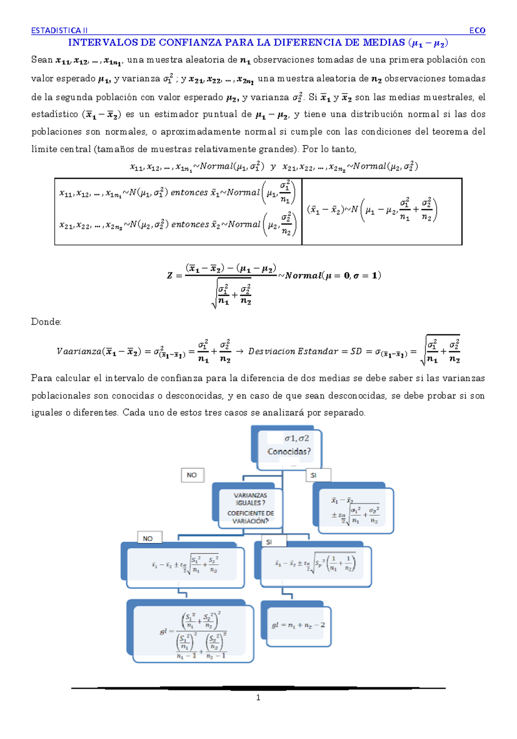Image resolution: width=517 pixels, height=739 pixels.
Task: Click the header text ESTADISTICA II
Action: tap(59, 30)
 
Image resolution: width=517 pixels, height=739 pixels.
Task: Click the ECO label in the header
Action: tap(477, 30)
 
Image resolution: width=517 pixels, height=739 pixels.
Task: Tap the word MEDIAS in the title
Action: tap(383, 42)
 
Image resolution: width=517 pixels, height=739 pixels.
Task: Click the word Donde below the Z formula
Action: tap(46, 322)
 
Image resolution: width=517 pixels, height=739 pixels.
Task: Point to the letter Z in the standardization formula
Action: tap(170, 276)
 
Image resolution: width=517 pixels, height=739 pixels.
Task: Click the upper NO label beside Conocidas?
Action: tap(192, 475)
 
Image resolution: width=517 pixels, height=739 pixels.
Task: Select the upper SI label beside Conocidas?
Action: tap(318, 475)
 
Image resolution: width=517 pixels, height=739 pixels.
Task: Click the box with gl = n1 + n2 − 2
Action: tap(299, 625)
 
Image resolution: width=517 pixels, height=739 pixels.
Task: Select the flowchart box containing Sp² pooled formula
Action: tap(315, 564)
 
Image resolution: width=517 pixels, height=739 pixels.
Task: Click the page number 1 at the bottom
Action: tap(258, 698)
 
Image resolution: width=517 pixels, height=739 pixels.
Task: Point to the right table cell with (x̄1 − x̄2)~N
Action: tap(382, 211)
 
